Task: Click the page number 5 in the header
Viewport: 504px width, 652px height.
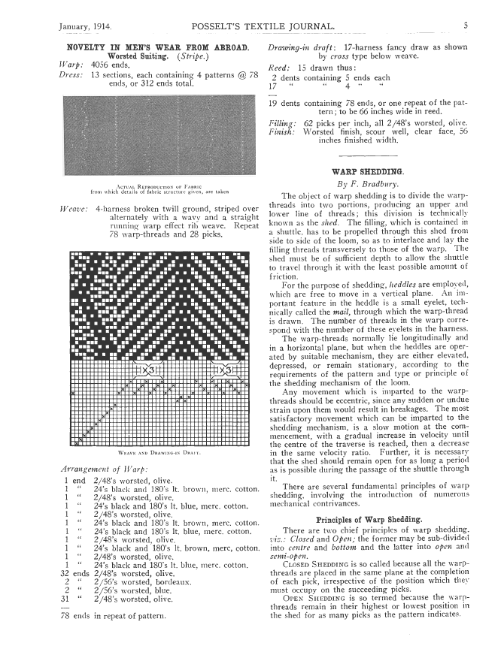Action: (x=466, y=26)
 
